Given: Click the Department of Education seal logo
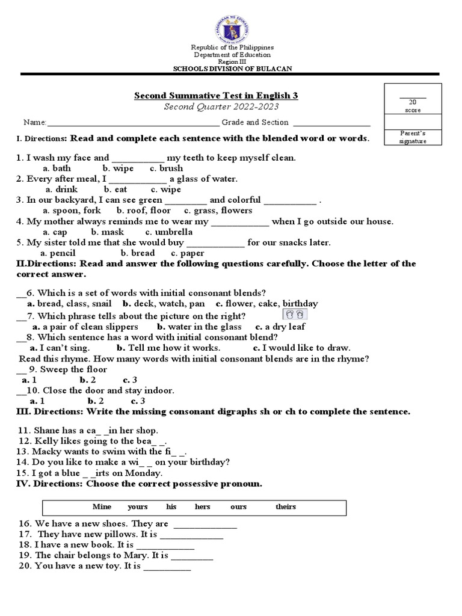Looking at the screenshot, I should click(x=232, y=22).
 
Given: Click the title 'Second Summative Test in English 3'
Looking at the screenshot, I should click(x=215, y=96).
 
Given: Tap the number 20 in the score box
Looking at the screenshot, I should click(x=412, y=102).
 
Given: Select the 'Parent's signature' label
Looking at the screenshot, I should click(x=413, y=137).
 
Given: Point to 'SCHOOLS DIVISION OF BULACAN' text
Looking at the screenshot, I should click(x=232, y=69).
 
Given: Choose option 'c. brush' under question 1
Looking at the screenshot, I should click(x=167, y=168).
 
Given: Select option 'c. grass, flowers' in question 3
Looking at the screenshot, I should click(x=218, y=211).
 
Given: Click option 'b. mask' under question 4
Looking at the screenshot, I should click(x=108, y=232).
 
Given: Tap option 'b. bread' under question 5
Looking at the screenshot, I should click(x=138, y=253).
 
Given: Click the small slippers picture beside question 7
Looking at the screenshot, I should click(x=295, y=315).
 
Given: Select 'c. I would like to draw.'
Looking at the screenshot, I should click(x=301, y=348).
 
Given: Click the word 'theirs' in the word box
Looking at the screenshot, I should click(x=286, y=507).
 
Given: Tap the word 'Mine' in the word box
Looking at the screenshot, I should click(x=102, y=507).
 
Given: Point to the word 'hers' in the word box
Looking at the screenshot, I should click(x=203, y=507).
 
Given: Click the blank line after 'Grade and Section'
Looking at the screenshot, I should click(x=331, y=123).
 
